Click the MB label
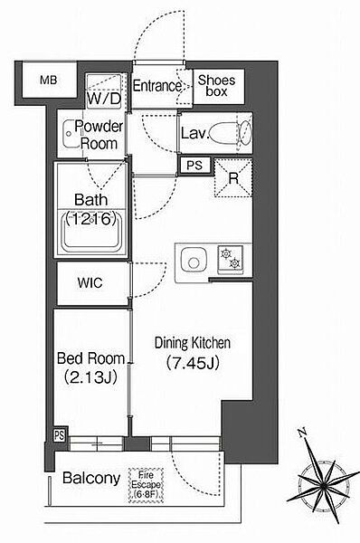pyautogui.click(x=48, y=81)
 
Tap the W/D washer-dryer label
pyautogui.click(x=104, y=99)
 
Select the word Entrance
pyautogui.click(x=157, y=86)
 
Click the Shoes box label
pyautogui.click(x=216, y=86)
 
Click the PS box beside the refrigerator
pyautogui.click(x=194, y=166)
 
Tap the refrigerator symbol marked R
pyautogui.click(x=233, y=178)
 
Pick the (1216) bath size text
pyautogui.click(x=90, y=219)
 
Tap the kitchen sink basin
pyautogui.click(x=194, y=261)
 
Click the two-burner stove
pyautogui.click(x=231, y=258)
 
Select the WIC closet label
pyautogui.click(x=90, y=283)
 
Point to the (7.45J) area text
pyautogui.click(x=193, y=363)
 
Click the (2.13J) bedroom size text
pyautogui.click(x=90, y=377)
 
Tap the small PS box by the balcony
pyautogui.click(x=59, y=435)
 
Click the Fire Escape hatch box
pyautogui.click(x=146, y=485)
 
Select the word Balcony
pyautogui.click(x=91, y=478)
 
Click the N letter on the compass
pyautogui.click(x=302, y=433)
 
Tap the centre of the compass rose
pyautogui.click(x=323, y=486)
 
